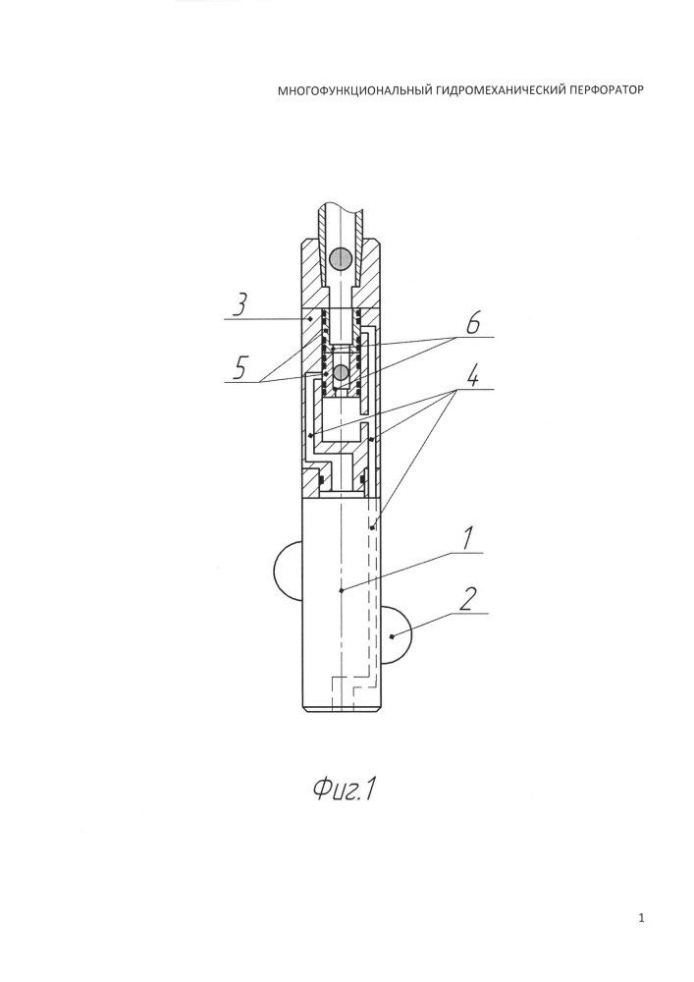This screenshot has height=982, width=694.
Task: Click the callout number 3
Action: coord(240,305)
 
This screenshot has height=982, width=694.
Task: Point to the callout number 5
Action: coord(240,368)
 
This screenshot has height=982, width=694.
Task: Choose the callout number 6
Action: coord(472,324)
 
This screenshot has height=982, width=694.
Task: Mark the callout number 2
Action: coord(466,600)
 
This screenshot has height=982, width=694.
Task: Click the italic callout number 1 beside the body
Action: coord(467,539)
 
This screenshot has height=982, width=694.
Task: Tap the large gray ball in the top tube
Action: coord(341,258)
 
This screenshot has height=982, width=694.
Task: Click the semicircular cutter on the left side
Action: coord(288,570)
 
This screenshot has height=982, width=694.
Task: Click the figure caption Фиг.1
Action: coord(345,791)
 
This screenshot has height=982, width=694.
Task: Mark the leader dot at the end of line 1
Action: coord(341,590)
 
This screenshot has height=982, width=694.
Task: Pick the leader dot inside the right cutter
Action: coord(392,636)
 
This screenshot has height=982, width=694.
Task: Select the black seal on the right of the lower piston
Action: coord(362,480)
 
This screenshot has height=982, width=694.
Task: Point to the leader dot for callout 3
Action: coord(311,319)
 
